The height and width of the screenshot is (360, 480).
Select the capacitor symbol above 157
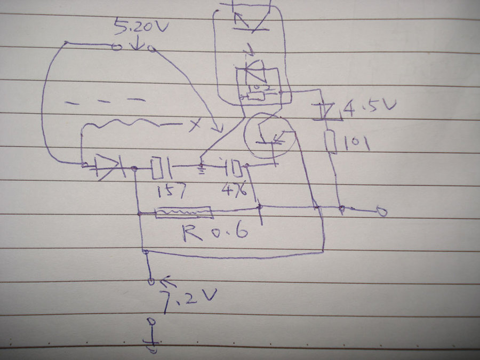(161, 168)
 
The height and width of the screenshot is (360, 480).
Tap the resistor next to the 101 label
(332, 141)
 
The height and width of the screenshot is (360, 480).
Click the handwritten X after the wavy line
(196, 125)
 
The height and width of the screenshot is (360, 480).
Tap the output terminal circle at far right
(381, 212)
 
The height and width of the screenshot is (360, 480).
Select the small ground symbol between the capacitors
(202, 170)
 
